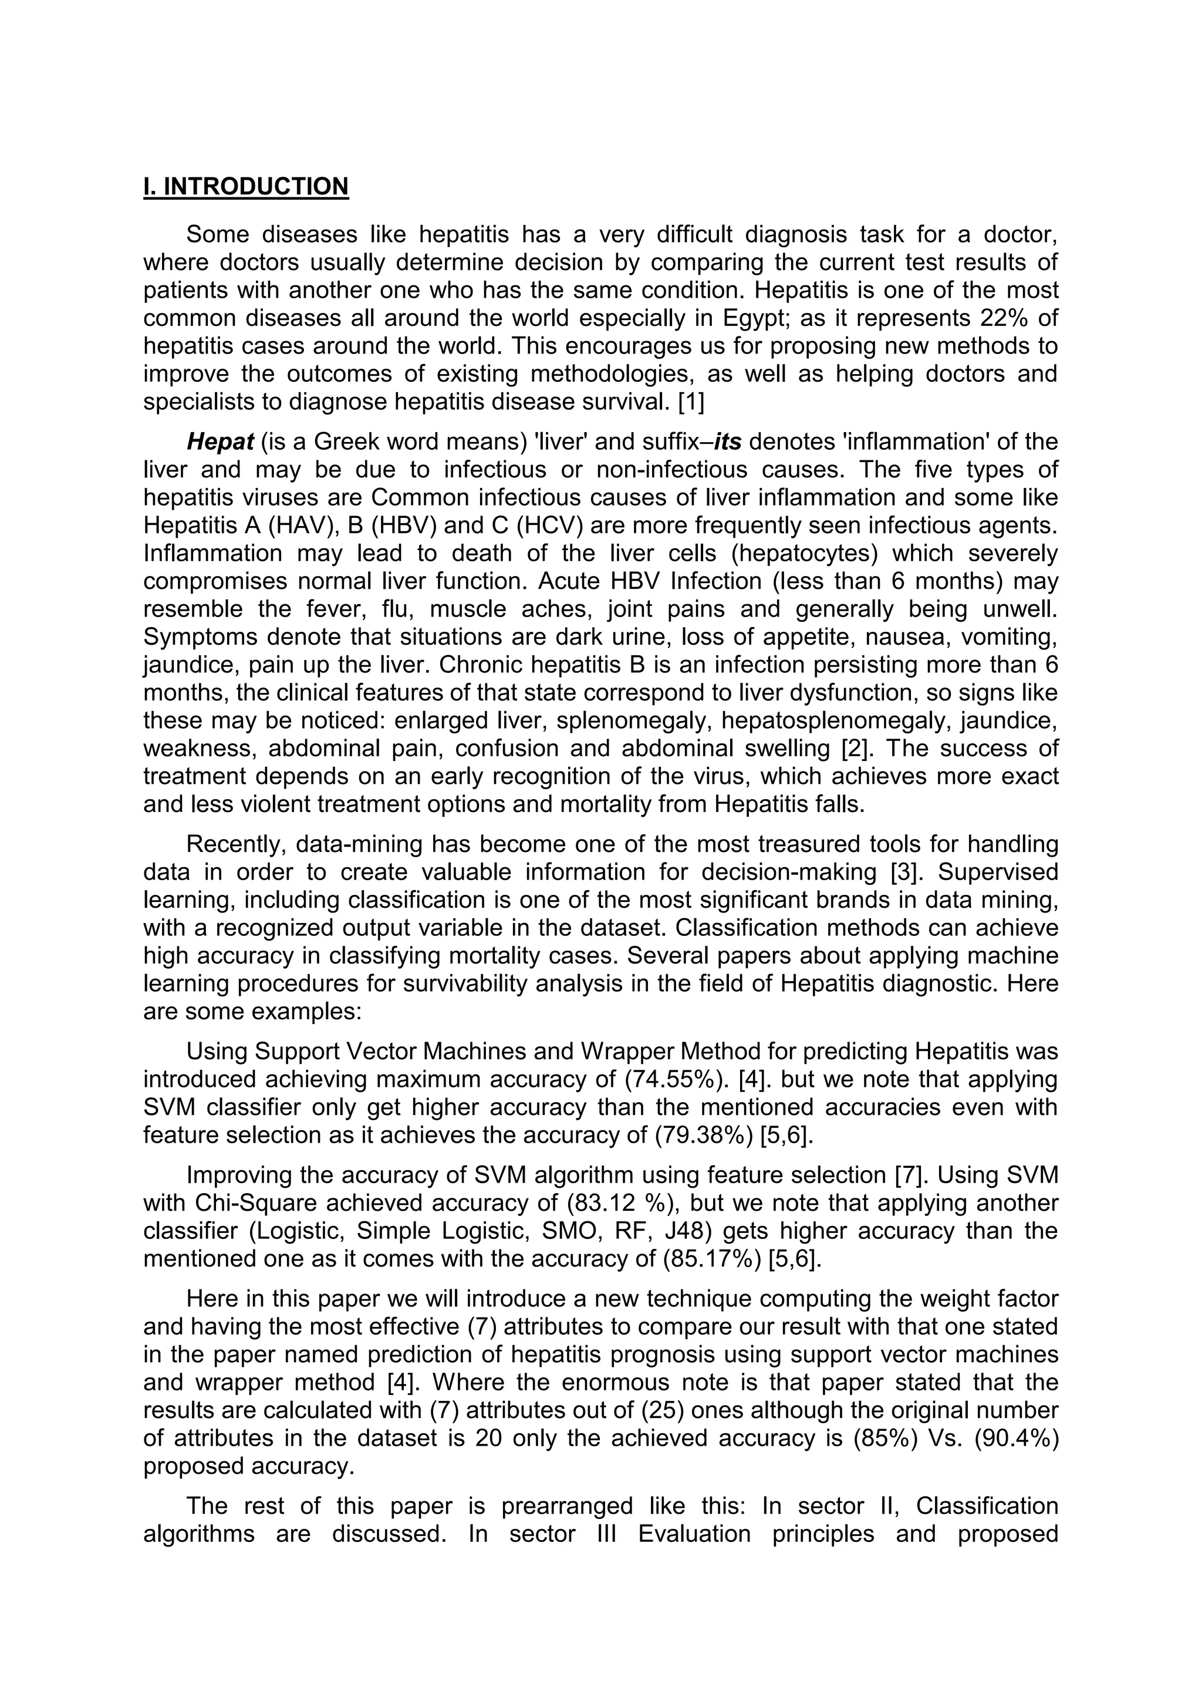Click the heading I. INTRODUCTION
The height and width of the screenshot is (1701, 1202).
tap(245, 187)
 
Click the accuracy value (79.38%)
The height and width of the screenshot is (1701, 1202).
tap(704, 1135)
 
